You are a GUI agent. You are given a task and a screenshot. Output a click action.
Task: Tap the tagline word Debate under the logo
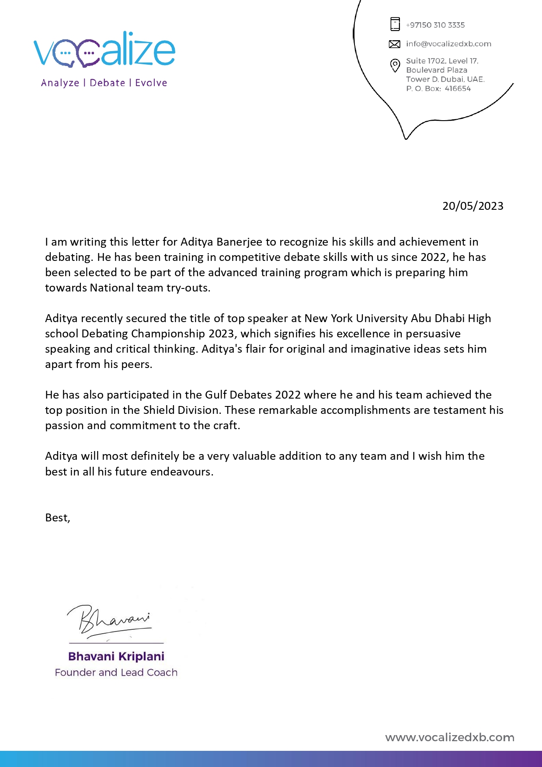108,83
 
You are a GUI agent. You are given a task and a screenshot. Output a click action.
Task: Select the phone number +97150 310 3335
435,25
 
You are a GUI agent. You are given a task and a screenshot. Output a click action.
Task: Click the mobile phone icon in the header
395,24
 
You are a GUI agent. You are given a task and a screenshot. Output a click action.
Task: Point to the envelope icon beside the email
395,44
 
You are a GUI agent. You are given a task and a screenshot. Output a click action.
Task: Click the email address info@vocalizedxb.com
448,44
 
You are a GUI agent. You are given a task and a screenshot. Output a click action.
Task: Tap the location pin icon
395,66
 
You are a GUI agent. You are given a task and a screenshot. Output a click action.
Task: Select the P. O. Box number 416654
458,89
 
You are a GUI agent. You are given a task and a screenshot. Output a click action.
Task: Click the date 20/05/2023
473,206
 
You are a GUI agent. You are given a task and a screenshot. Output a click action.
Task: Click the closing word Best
56,518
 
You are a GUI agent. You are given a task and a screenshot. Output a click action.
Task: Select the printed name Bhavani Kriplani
116,656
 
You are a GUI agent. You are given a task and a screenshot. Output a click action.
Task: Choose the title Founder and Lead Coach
116,673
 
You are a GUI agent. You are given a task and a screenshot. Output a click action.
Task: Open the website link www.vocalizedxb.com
449,738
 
